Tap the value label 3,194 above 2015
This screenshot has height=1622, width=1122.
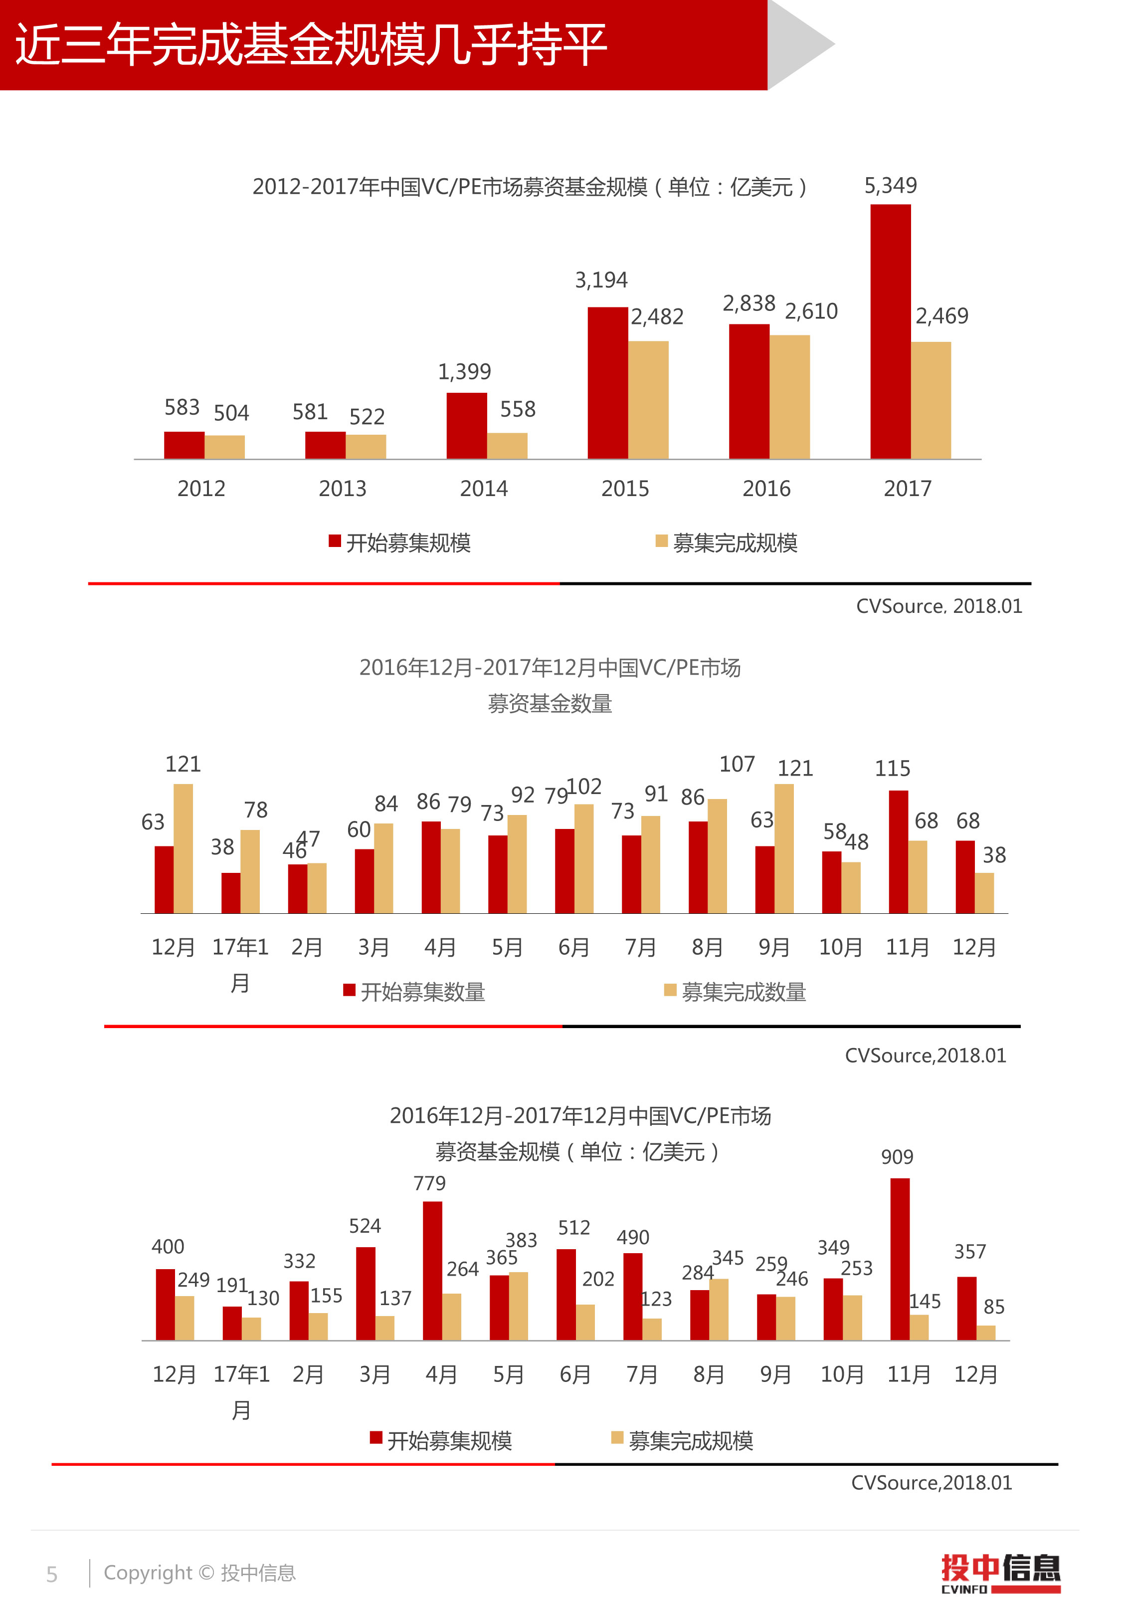pos(601,280)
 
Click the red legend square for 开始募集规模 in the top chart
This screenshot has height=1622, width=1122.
pos(335,541)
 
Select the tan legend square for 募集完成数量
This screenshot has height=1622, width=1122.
pos(670,990)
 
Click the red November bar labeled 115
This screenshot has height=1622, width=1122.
pos(899,852)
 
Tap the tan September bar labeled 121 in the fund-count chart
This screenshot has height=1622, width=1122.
pos(784,848)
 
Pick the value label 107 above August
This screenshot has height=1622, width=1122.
pos(737,764)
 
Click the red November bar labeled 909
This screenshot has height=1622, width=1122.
pos(900,1259)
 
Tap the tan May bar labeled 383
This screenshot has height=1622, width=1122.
pos(518,1306)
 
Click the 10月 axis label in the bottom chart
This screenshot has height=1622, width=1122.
pos(842,1373)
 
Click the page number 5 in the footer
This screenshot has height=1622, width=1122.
pos(51,1574)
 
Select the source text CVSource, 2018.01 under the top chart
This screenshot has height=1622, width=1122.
pos(938,606)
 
